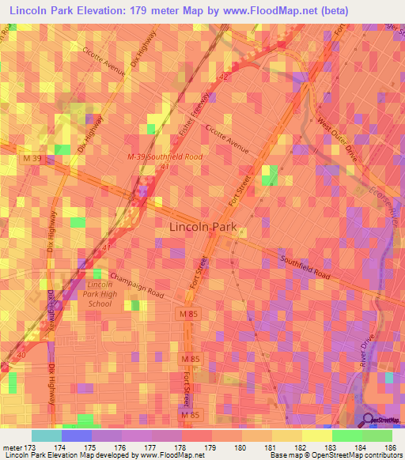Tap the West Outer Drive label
point(339,137)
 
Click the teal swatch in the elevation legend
point(47,435)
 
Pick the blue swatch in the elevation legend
point(77,435)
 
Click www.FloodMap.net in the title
point(270,12)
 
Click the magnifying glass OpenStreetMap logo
point(369,420)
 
